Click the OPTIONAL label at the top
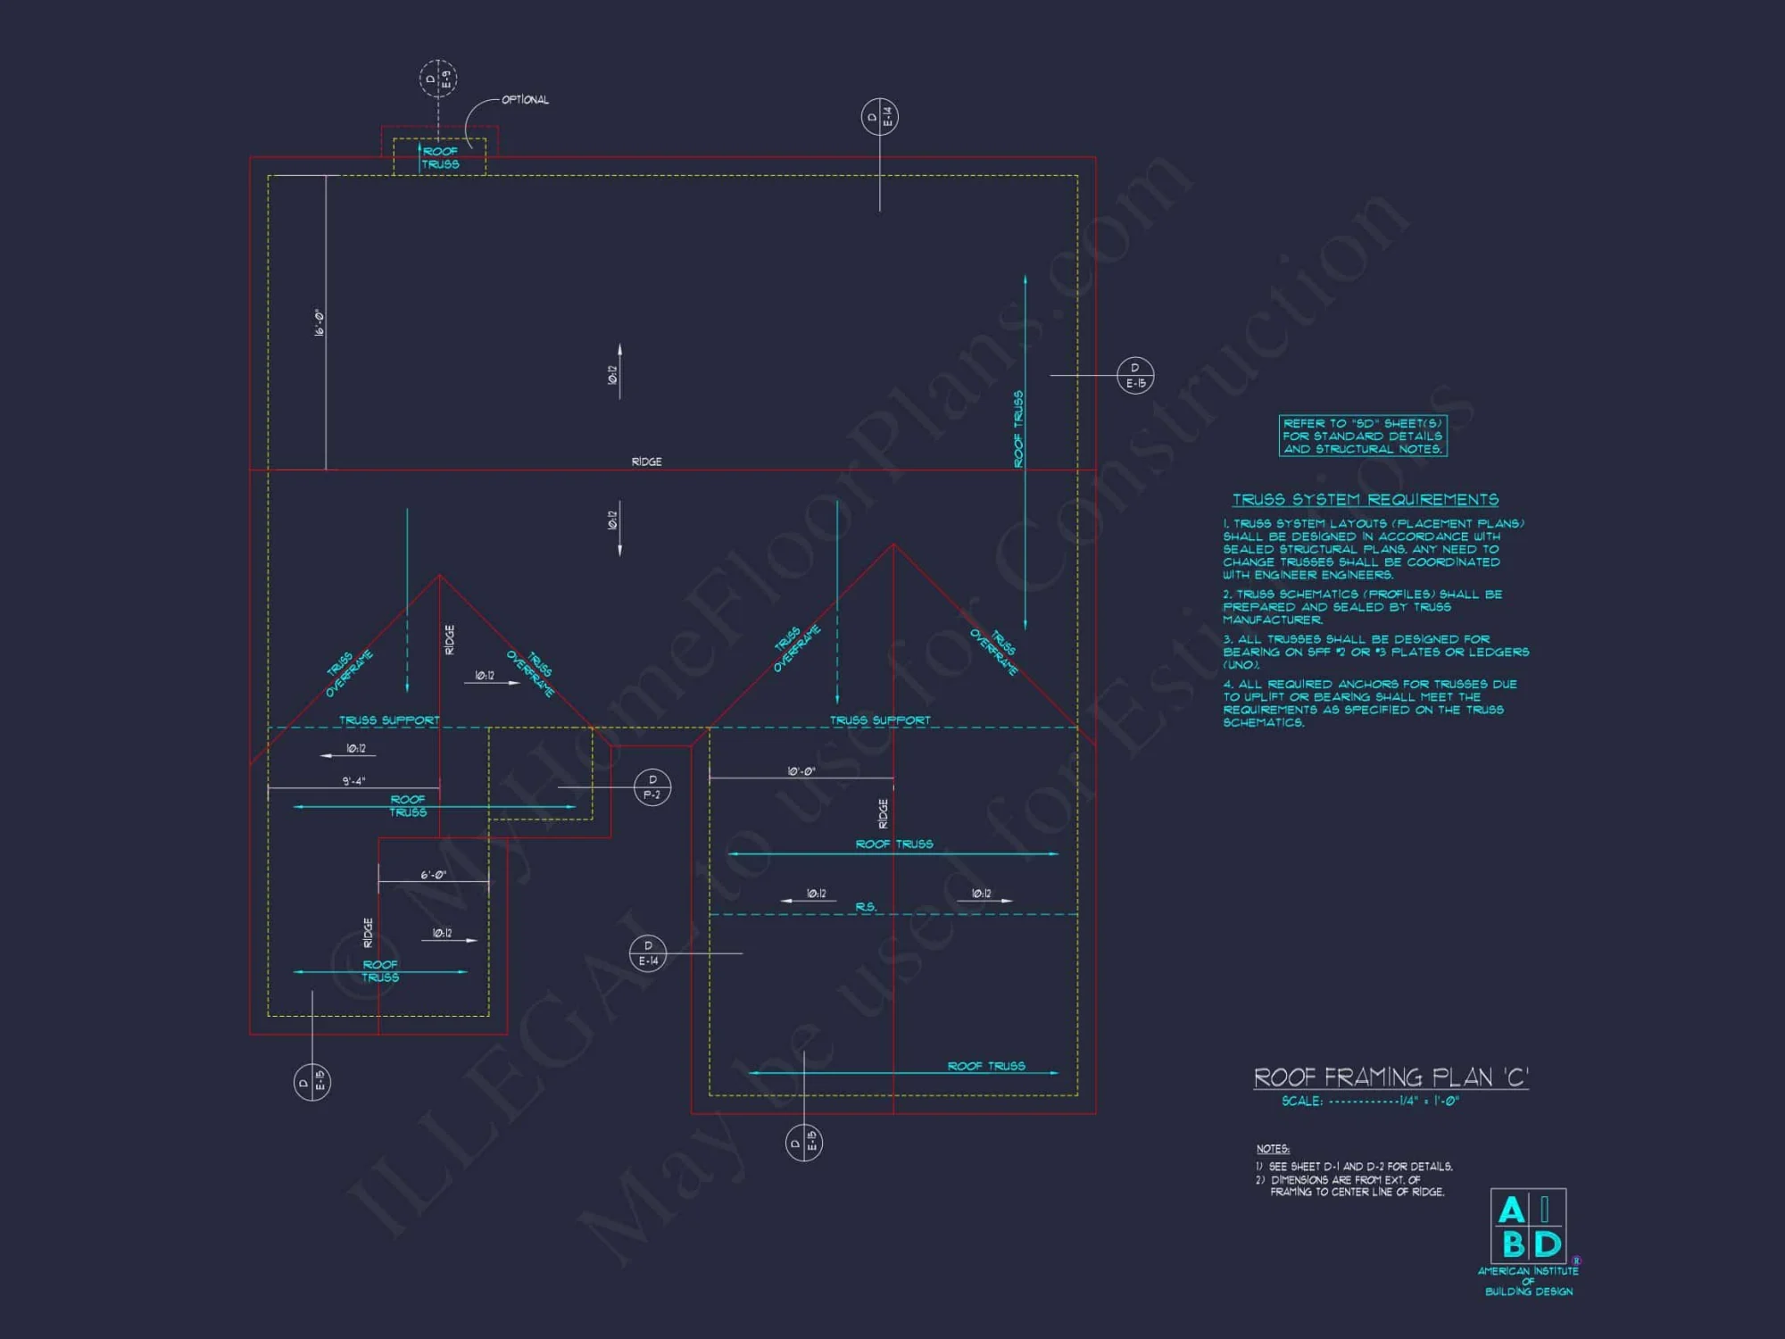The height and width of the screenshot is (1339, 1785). click(525, 100)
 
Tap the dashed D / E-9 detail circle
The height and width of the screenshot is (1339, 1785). click(438, 79)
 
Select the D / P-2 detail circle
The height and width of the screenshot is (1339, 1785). click(652, 786)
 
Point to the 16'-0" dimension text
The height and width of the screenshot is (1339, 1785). click(319, 322)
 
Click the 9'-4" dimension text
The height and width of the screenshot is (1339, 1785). click(353, 781)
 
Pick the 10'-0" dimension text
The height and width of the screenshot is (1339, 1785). click(801, 771)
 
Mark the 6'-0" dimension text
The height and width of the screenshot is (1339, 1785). click(433, 875)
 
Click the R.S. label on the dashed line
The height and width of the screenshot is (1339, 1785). click(866, 907)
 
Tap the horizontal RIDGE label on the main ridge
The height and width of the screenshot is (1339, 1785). click(646, 462)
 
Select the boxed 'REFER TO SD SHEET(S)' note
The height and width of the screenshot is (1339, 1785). click(1362, 436)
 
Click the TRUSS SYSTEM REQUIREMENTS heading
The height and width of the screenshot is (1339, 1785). click(1366, 500)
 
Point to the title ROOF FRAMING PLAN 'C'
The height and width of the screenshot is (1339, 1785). click(1391, 1077)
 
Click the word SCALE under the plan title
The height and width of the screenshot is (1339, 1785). click(1301, 1102)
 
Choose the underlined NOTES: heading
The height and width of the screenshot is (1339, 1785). click(1273, 1149)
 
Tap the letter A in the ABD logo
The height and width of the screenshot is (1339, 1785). click(1511, 1210)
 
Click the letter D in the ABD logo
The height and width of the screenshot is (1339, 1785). click(1547, 1243)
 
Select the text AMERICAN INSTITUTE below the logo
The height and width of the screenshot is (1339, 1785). click(1528, 1270)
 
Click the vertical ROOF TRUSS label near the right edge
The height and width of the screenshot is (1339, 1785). click(1018, 428)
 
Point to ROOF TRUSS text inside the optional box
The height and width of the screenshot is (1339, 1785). click(440, 158)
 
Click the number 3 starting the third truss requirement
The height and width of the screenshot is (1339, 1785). click(1227, 639)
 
